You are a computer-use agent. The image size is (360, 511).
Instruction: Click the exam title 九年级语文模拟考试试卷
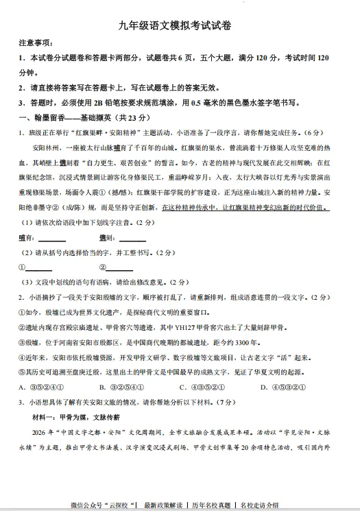point(180,26)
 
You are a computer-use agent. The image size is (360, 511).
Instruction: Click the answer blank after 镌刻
point(132,238)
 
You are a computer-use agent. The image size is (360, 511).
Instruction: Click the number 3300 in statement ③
point(240,342)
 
